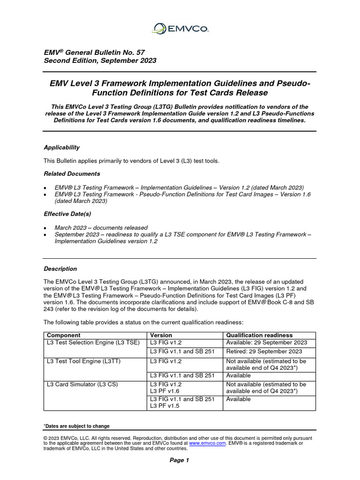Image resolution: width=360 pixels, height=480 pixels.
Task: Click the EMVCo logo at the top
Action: pos(180,29)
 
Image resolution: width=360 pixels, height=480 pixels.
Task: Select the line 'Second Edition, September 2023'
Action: pos(100,61)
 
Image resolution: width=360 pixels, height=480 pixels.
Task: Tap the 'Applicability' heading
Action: pos(61,147)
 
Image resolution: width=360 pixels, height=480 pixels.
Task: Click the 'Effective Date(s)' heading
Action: pos(67,213)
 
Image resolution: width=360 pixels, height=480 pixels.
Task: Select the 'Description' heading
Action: pos(60,269)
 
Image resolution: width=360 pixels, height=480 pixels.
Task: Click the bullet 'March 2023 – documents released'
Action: pos(101,227)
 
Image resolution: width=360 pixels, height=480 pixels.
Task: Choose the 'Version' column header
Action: pos(160,335)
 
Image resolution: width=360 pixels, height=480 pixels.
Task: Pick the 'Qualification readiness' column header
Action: pos(259,335)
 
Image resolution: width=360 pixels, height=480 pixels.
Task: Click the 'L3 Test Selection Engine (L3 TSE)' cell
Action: pos(93,343)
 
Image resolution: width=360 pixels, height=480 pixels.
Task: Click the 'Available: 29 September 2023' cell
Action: pos(267,343)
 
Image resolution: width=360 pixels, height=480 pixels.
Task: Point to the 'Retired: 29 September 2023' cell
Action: pos(264,352)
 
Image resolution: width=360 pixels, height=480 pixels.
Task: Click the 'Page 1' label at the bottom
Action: pos(180,460)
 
